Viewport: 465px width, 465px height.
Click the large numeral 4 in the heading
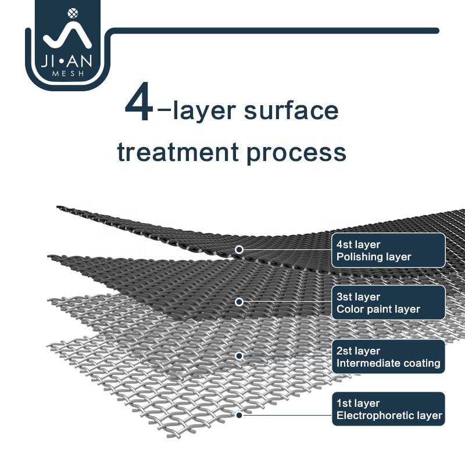(x=139, y=105)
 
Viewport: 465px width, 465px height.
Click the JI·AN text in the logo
(x=63, y=61)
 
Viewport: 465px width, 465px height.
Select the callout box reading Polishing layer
(x=388, y=251)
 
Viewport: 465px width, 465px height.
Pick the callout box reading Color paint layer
(x=388, y=303)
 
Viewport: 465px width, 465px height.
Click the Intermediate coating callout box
(x=388, y=357)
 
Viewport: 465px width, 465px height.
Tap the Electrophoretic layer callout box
(x=388, y=409)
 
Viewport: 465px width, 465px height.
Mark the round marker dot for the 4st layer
(x=239, y=249)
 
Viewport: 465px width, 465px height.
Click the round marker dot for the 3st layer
(x=239, y=302)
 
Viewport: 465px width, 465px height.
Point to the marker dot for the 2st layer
(x=239, y=355)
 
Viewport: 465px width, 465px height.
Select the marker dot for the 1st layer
(x=239, y=415)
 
